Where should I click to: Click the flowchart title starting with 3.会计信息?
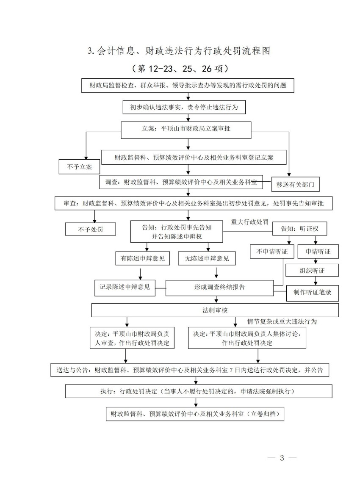[178, 51]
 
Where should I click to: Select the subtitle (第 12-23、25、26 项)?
[180, 68]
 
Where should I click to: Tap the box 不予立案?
[79, 166]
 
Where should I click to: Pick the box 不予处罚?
[91, 229]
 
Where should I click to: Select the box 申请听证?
[318, 252]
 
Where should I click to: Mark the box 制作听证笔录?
[312, 292]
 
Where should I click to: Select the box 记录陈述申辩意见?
[125, 287]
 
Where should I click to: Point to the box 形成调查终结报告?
[219, 287]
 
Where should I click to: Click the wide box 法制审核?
[215, 310]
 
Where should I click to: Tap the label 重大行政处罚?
[250, 222]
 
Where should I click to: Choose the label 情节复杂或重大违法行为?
[282, 321]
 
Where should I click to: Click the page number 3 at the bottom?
[282, 458]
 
